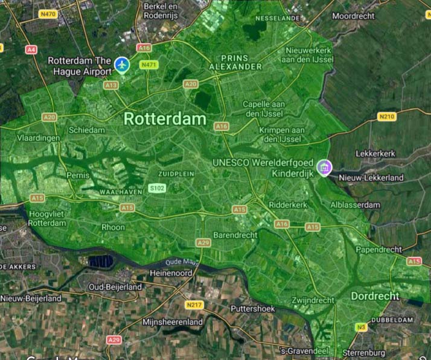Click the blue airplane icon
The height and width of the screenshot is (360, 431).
[x=123, y=63]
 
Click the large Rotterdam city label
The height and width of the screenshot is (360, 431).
[x=165, y=119]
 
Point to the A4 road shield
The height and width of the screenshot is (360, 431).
[x=31, y=49]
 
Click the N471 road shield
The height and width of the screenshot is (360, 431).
[x=148, y=64]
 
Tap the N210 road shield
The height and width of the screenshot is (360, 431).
[x=386, y=116]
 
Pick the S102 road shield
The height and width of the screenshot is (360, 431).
[x=157, y=189]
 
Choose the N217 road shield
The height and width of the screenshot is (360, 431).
[x=194, y=305]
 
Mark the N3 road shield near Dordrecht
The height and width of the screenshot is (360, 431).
[x=362, y=327]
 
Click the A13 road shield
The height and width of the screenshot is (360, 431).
[x=112, y=86]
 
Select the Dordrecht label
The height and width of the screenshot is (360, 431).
[x=375, y=296]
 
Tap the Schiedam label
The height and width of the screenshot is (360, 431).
[x=87, y=130]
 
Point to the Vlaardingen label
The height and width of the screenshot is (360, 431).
[x=39, y=138]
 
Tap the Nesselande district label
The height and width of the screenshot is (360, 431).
[x=278, y=18]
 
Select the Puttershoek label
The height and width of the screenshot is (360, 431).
[x=253, y=309]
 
